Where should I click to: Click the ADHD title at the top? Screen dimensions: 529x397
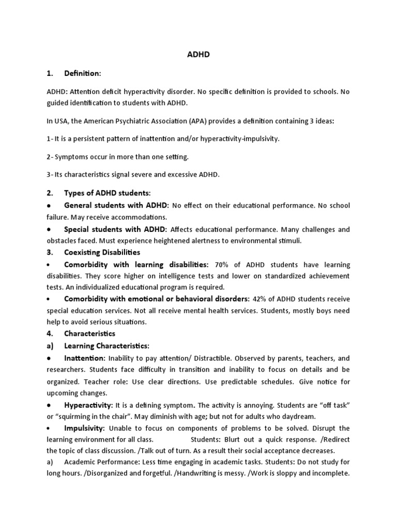[x=198, y=54]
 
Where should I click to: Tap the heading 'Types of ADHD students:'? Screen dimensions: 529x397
[x=107, y=193]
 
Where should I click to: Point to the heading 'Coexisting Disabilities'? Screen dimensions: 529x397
[x=102, y=252]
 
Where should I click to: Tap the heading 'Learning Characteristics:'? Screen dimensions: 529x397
[x=106, y=345]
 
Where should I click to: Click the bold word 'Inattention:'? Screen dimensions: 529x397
[x=85, y=358]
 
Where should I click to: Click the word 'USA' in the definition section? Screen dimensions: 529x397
[x=60, y=120]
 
